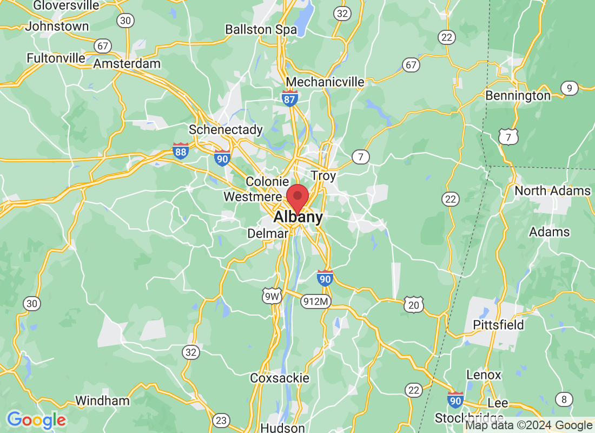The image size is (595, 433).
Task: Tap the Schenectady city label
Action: pos(226,130)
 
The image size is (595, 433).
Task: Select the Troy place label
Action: pos(323,176)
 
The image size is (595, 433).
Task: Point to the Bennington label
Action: pos(518,96)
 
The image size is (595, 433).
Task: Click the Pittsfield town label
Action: pos(498,325)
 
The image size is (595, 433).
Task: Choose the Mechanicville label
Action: pos(325,82)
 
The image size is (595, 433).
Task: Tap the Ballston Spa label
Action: pos(261,29)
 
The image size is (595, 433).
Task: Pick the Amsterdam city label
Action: pos(127,63)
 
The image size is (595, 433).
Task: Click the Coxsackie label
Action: pos(280,378)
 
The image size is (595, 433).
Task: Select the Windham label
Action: pos(102,401)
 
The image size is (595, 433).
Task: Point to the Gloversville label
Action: pos(67,5)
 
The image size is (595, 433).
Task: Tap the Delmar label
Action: pos(268,233)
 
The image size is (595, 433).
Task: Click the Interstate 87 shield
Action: pos(290,99)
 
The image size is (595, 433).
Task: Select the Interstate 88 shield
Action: pos(181,151)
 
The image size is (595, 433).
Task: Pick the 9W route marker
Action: pos(272,296)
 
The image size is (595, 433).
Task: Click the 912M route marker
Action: pos(316,301)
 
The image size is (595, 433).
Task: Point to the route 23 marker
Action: pos(221,420)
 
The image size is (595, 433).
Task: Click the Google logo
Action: pos(36,419)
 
